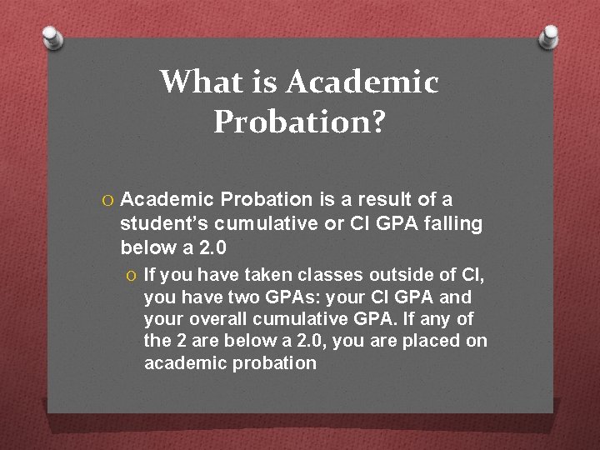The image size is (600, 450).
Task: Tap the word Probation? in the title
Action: tap(299, 122)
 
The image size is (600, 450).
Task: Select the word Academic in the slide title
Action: tap(362, 82)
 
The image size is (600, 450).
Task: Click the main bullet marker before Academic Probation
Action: tap(107, 200)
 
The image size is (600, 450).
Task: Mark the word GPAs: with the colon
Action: tap(297, 297)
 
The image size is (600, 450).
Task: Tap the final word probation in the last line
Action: tap(275, 363)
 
